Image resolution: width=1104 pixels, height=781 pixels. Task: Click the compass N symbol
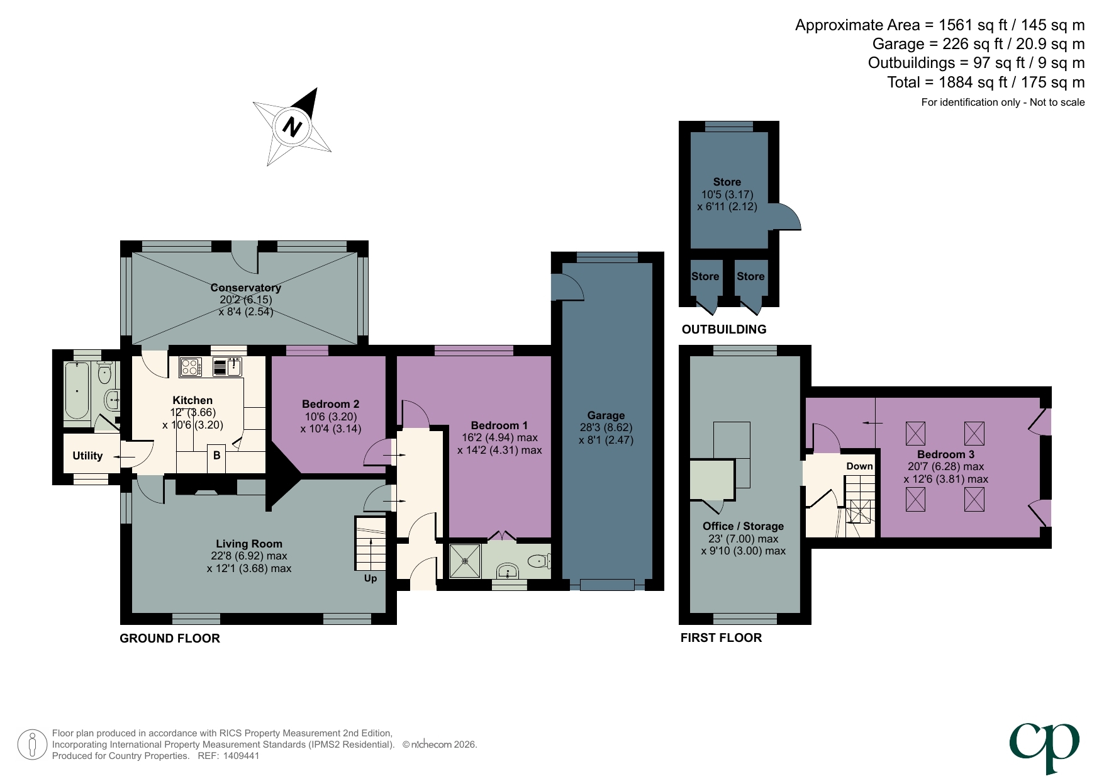[x=293, y=127]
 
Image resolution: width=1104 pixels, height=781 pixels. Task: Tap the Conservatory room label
[x=245, y=288]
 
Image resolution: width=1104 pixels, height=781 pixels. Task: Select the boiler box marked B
[x=217, y=455]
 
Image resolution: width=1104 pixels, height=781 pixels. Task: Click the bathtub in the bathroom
[x=77, y=390]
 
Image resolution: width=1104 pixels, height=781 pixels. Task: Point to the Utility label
[x=87, y=456]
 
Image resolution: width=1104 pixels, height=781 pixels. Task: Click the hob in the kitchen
[x=190, y=367]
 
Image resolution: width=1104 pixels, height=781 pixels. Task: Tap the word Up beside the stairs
[x=371, y=578]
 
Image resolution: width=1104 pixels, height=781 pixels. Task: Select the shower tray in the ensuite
[x=465, y=561]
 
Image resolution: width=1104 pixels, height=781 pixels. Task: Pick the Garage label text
[x=606, y=415]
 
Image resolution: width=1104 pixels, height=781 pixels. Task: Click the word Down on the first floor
[x=859, y=466]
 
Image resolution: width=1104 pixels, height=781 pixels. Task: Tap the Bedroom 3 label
[x=945, y=454]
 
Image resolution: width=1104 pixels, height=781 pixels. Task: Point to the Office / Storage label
[x=743, y=526]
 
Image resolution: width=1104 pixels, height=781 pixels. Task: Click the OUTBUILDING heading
[x=724, y=329]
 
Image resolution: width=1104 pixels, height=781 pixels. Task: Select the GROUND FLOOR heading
[x=170, y=638]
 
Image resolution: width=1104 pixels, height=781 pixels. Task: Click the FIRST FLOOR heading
[x=721, y=638]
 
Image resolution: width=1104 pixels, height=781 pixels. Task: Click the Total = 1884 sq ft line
[x=985, y=82]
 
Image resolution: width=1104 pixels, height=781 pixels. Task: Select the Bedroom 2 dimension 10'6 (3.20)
[x=330, y=417]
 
